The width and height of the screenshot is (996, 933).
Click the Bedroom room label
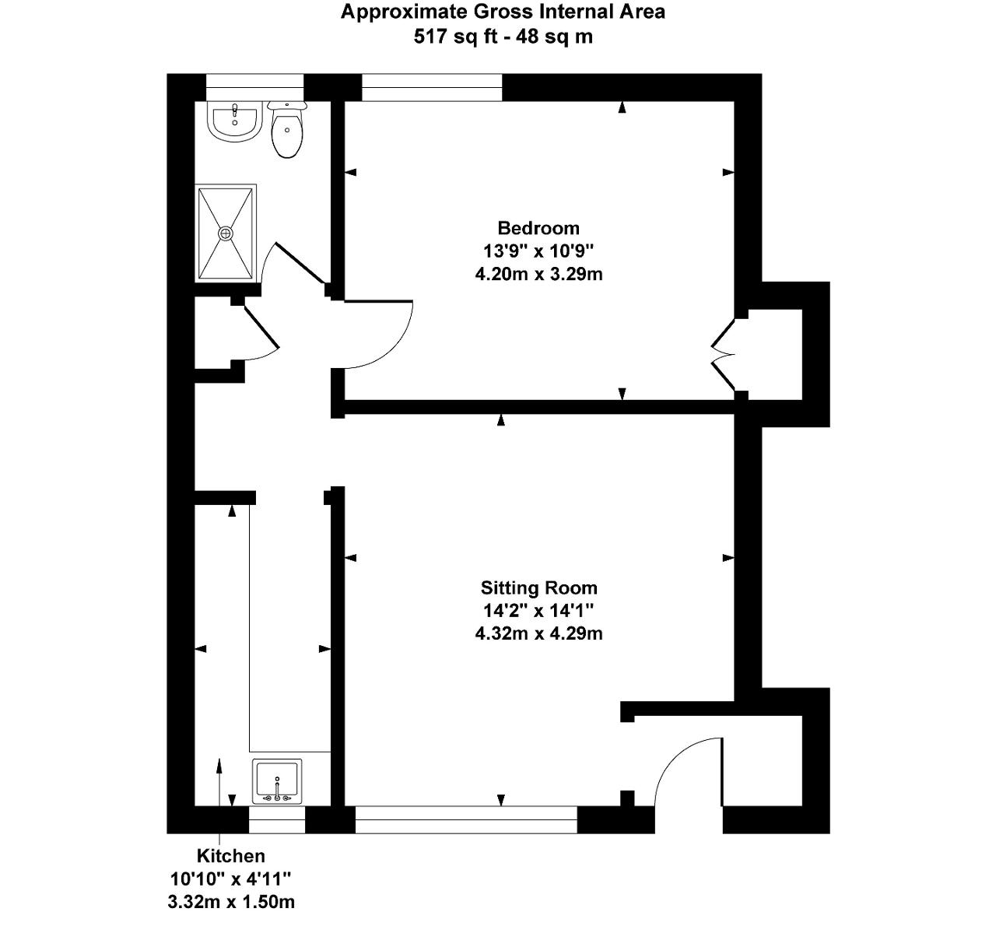click(x=538, y=228)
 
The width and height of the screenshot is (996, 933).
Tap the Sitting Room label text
click(x=538, y=588)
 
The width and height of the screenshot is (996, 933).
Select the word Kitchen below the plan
click(x=230, y=855)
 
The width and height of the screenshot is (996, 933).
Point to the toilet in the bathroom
click(x=287, y=129)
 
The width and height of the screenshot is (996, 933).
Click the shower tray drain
click(x=225, y=233)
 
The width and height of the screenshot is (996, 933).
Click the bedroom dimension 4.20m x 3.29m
click(x=538, y=274)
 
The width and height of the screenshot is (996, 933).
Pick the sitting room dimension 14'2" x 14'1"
click(x=538, y=611)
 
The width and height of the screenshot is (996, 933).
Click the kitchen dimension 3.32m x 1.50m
click(x=230, y=902)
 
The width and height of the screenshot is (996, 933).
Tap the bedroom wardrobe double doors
click(x=723, y=355)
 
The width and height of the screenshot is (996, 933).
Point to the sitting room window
click(x=466, y=819)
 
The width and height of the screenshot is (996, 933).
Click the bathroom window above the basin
click(x=254, y=87)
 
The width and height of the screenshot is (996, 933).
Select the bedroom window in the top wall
click(x=431, y=87)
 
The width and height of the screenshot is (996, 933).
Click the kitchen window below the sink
click(x=277, y=819)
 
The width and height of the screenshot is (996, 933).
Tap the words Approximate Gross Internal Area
click(x=503, y=12)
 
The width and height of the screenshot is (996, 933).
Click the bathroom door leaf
click(x=300, y=265)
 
